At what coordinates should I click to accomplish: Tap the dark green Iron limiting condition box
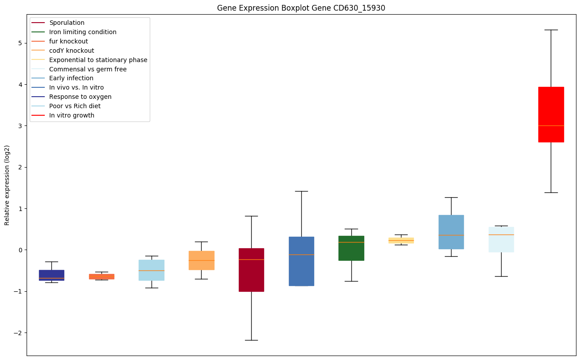point(351,248)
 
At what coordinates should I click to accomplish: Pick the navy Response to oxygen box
point(51,275)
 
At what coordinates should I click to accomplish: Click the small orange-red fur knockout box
point(101,277)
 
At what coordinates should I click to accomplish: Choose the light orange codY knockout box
point(202,260)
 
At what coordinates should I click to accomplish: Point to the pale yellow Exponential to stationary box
point(401,240)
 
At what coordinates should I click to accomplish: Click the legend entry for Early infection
point(71,78)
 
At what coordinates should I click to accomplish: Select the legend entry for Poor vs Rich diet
point(75,106)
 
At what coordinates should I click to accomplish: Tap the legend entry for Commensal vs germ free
point(88,69)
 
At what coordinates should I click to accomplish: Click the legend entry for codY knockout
point(72,51)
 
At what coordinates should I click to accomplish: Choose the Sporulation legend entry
point(67,23)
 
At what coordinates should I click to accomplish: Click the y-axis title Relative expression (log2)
point(7,185)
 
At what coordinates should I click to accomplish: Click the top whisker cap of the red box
point(551,30)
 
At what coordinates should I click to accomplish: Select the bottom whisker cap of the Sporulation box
point(251,340)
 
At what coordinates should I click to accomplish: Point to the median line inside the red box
point(551,125)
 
